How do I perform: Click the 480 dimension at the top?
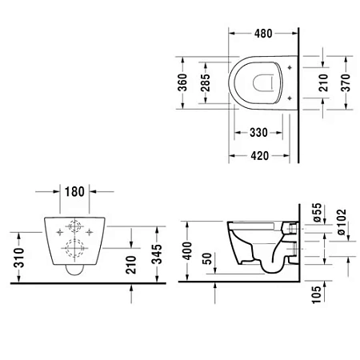(264, 34)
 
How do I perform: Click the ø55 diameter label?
(317, 211)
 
